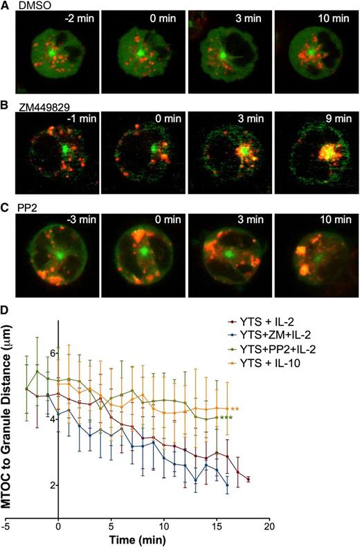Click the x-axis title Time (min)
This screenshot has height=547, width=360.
tap(145, 539)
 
